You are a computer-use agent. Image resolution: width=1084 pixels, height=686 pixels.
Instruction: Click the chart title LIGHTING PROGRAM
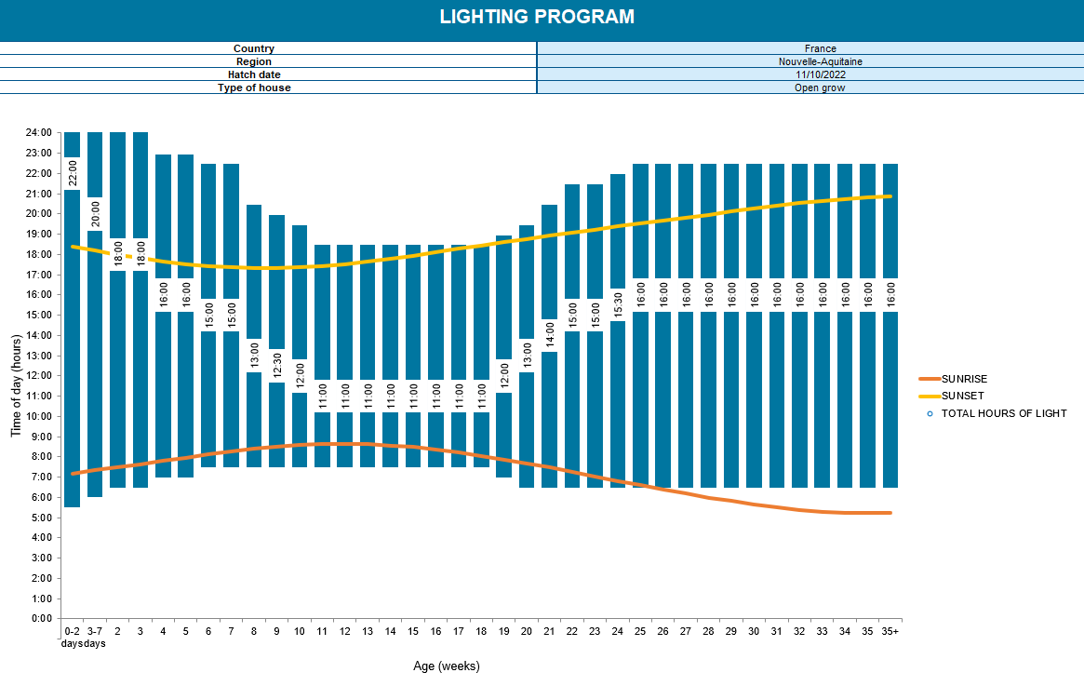(537, 17)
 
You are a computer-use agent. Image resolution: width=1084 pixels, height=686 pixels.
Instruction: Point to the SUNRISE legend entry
(963, 379)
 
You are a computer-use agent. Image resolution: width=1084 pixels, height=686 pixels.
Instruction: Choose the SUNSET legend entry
(962, 396)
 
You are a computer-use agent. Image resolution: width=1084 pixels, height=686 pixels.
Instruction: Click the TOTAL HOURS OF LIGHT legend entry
(1003, 413)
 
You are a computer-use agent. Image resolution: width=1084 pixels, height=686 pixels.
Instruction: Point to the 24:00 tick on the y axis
(38, 132)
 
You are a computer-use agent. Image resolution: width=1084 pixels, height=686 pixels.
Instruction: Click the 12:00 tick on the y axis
(38, 375)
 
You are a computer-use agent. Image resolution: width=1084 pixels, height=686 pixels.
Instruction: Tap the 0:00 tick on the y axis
(41, 618)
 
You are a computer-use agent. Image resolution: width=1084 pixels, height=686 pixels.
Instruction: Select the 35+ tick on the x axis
(890, 631)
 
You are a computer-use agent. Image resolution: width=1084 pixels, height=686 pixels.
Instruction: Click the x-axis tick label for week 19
(503, 631)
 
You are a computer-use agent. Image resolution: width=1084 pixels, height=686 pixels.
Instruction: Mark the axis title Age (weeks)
(447, 666)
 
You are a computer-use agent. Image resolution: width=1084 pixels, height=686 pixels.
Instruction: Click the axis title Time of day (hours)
(16, 375)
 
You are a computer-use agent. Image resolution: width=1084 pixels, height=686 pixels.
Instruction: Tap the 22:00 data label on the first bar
(73, 173)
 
